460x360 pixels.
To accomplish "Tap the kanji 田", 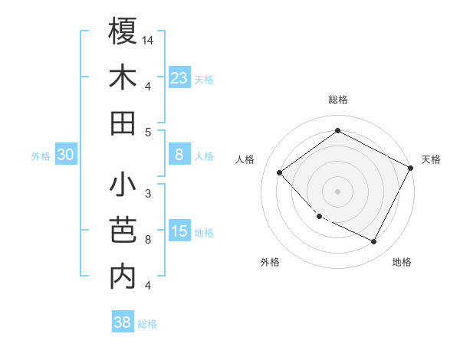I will (x=123, y=123).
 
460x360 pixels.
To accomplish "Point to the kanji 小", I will (x=123, y=185).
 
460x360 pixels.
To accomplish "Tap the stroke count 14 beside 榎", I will (x=149, y=41).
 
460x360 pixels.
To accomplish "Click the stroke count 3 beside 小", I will (x=147, y=194).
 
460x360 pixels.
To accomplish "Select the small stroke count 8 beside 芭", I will (x=147, y=240).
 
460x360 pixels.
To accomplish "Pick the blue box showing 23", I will (x=179, y=78).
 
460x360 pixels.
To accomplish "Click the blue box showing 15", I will (x=179, y=232).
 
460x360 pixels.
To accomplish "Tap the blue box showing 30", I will (x=65, y=155).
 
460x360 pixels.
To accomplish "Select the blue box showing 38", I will (x=122, y=322).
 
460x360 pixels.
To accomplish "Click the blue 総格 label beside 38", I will (x=147, y=324).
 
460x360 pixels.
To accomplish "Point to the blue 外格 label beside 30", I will (x=41, y=156).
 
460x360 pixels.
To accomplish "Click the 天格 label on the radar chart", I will (x=431, y=159).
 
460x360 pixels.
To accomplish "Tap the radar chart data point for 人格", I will (x=280, y=173).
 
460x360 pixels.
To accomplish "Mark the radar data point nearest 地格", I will (x=374, y=242).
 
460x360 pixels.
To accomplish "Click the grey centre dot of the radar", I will (x=337, y=191).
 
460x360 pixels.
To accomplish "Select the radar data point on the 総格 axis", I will (x=337, y=131).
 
